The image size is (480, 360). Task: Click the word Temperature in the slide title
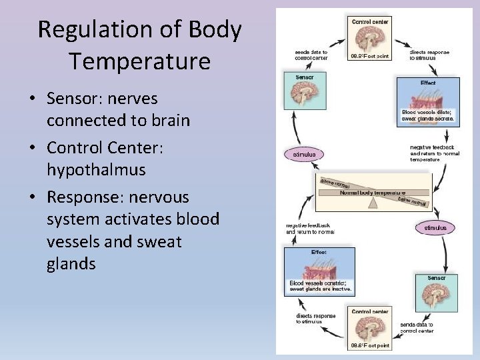click(139, 61)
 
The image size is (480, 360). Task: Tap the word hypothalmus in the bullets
click(96, 170)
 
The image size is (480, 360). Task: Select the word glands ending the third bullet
click(71, 264)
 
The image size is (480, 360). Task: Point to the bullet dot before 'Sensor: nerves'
click(31, 99)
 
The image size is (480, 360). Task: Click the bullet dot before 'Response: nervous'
click(31, 198)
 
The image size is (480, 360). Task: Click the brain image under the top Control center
click(369, 40)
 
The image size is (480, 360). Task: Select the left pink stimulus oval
click(305, 154)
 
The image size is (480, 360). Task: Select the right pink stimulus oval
click(435, 227)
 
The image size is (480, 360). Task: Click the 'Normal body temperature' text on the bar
click(373, 193)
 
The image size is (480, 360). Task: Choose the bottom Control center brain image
click(369, 329)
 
